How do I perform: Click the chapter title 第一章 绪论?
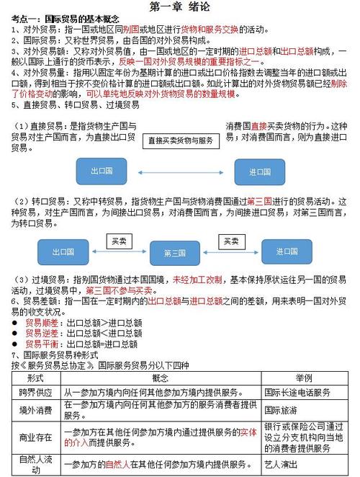[x=180, y=6]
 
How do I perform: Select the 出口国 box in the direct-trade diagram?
[x=102, y=172]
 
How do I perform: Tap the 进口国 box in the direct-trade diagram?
[x=260, y=172]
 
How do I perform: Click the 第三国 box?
[x=176, y=253]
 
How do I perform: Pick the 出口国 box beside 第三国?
[x=63, y=252]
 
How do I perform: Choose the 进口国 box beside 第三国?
[x=279, y=252]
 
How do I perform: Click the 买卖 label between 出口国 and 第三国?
[x=117, y=241]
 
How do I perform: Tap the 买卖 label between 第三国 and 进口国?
[x=230, y=241]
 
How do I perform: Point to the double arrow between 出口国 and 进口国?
[x=181, y=172]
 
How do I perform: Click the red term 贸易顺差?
[x=38, y=324]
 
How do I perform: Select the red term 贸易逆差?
[x=38, y=334]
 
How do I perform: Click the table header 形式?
[x=35, y=378]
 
